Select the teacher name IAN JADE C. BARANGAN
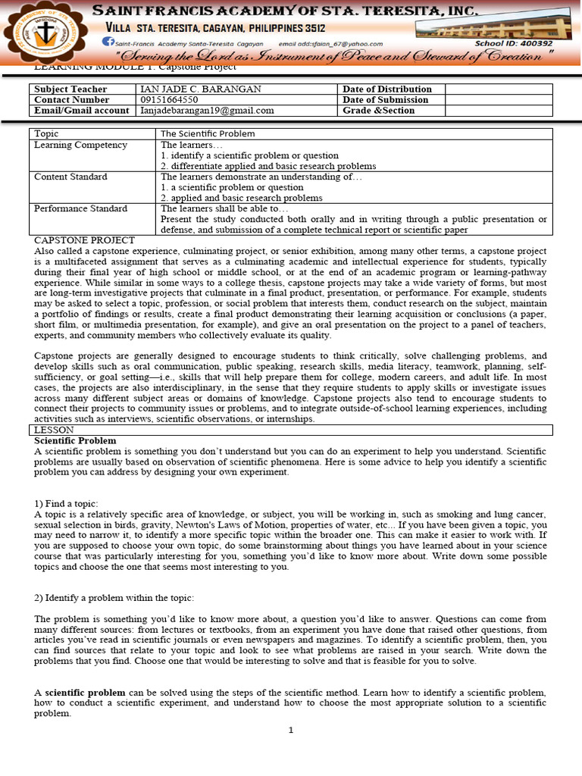tap(201, 89)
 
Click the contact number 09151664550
tap(170, 100)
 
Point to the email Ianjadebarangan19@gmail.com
tap(207, 111)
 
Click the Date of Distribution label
tap(386, 89)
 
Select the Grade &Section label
tap(378, 111)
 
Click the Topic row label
tap(47, 133)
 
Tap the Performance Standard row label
tap(80, 208)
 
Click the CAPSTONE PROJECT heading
tap(84, 240)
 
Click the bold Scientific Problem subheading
tap(75, 440)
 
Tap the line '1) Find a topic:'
tap(66, 504)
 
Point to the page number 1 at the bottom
tap(290, 731)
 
